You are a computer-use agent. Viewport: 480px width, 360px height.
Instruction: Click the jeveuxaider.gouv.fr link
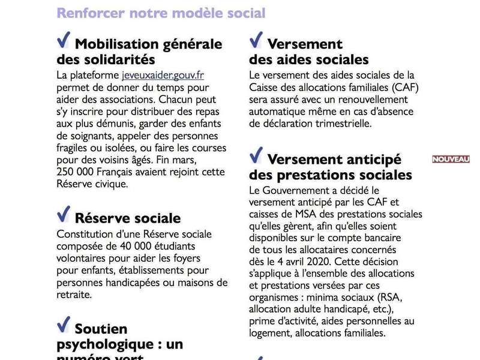tap(163, 76)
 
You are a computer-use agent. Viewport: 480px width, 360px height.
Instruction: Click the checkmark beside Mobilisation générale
tap(63, 40)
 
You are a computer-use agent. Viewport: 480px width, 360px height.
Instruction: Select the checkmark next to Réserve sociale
tap(63, 214)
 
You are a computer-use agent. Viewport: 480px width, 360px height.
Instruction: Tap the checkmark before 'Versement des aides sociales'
tap(256, 40)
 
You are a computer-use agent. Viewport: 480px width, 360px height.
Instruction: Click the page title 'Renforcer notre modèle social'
tap(161, 13)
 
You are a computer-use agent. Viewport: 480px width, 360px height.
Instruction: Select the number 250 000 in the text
tap(77, 173)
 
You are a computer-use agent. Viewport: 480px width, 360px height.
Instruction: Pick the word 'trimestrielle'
tap(342, 124)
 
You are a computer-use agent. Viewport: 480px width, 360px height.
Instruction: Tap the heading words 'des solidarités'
tap(106, 60)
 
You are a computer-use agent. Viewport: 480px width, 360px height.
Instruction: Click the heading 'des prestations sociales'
tap(331, 175)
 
